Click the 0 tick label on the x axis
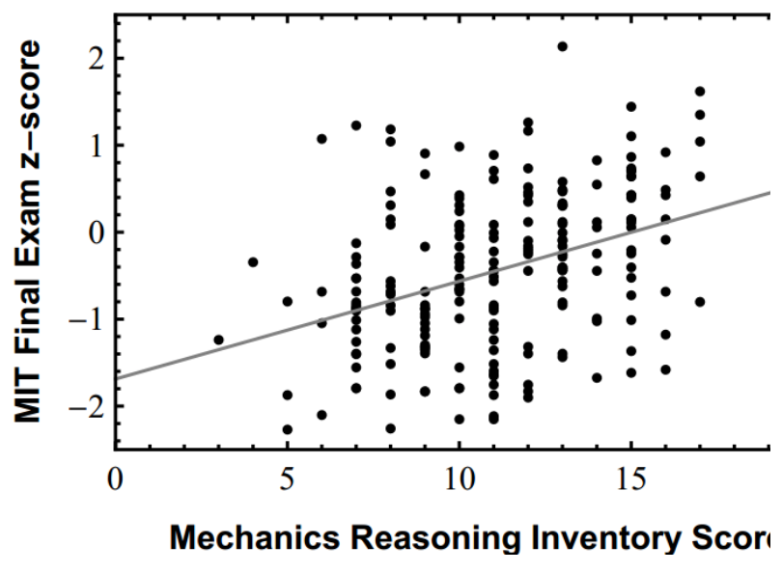115,480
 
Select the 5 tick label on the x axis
287,480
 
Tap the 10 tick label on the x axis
459,480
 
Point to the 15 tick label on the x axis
630,480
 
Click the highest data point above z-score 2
562,46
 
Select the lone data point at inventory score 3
218,340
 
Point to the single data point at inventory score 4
253,261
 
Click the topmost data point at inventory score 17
700,92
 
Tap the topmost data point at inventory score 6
321,139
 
